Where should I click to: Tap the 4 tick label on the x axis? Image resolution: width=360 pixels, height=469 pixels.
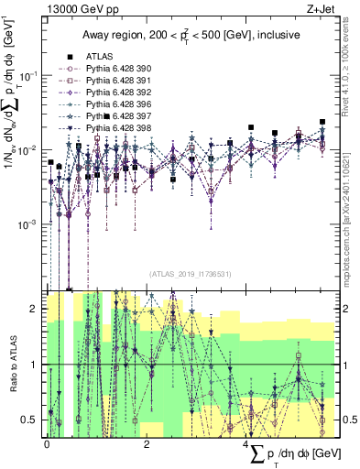(245, 444)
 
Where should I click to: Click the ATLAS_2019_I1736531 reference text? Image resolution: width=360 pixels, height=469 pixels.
(191, 274)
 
